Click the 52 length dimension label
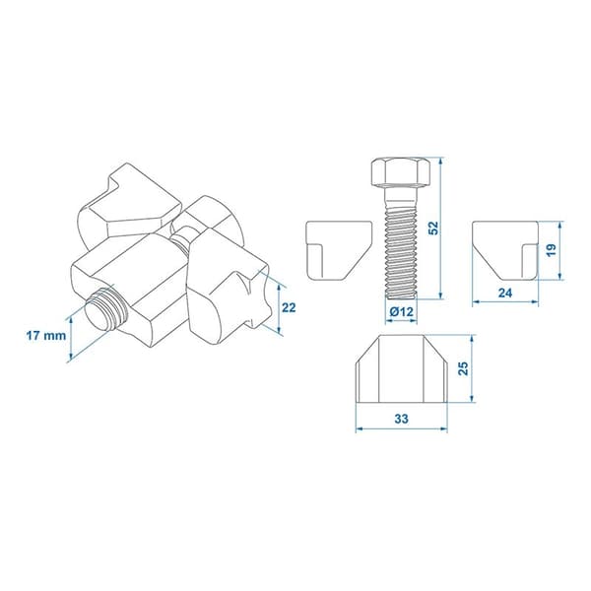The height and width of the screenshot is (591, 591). click(x=434, y=229)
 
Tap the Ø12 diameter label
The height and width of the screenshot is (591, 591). click(x=402, y=312)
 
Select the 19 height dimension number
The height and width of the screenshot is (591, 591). click(x=551, y=250)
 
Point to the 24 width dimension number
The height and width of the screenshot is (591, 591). click(x=505, y=293)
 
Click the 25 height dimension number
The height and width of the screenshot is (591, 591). click(x=463, y=368)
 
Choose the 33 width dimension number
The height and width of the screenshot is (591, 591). click(x=402, y=419)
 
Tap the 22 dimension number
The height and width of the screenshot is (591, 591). click(x=289, y=308)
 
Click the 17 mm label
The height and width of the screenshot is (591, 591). click(x=46, y=336)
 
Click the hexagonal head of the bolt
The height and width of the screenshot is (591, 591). click(x=401, y=171)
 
